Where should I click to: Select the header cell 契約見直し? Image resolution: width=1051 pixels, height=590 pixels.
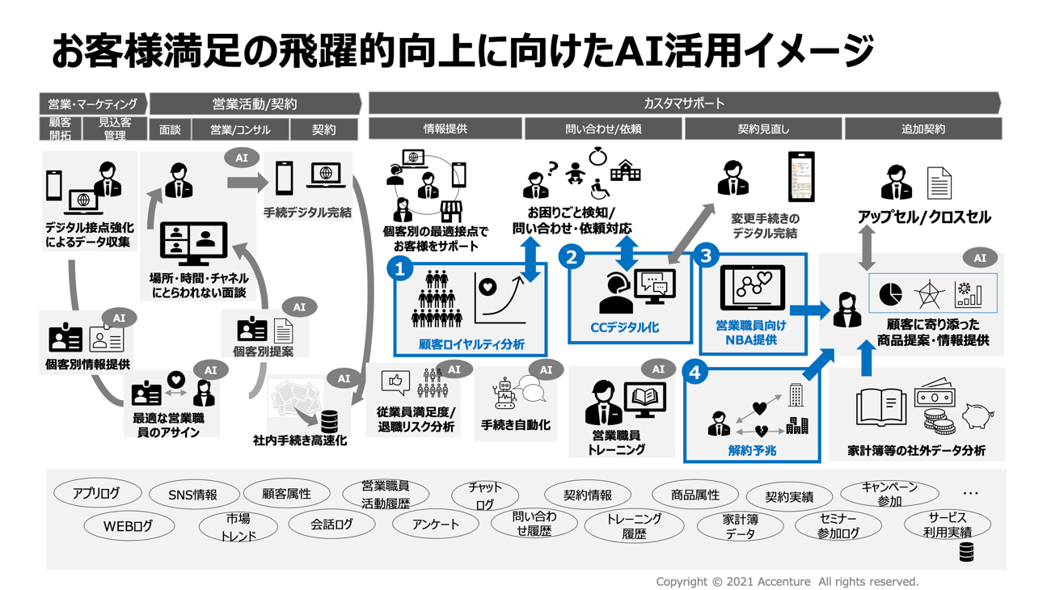click(x=763, y=129)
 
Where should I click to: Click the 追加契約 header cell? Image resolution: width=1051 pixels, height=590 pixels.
click(x=922, y=129)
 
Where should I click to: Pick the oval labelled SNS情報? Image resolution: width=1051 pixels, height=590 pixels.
click(x=192, y=495)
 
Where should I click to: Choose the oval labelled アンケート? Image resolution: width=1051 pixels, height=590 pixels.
click(x=436, y=525)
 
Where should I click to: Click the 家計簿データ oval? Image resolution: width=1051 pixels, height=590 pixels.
click(x=741, y=527)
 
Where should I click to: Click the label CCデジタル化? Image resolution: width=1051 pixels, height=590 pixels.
click(x=624, y=328)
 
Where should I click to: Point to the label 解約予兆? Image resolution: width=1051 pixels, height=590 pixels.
click(x=752, y=450)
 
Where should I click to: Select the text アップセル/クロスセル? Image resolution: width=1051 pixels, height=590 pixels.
click(x=923, y=217)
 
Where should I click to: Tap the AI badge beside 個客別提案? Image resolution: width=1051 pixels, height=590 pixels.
click(x=299, y=307)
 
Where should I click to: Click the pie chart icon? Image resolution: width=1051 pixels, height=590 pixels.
click(x=891, y=293)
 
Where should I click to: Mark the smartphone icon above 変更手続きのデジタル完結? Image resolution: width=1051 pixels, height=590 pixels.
click(x=801, y=177)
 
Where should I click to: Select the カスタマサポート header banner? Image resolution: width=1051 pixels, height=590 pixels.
click(x=684, y=103)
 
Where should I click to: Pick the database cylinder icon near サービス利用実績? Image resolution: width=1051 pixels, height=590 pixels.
click(x=965, y=552)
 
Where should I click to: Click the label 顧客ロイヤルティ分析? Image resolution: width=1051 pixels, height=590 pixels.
click(x=471, y=344)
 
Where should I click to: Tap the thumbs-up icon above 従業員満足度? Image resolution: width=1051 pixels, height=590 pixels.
click(x=395, y=381)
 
